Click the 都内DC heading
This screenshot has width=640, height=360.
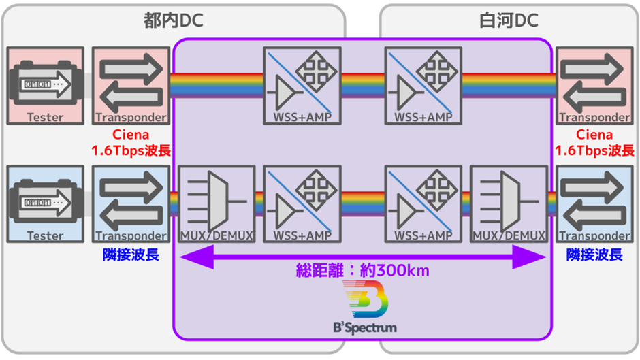click(174, 21)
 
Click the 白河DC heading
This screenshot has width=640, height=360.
click(509, 21)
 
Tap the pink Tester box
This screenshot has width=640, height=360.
click(46, 86)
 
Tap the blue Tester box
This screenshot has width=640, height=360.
click(46, 204)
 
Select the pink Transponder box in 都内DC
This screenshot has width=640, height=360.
click(131, 86)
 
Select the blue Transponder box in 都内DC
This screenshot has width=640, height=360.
click(131, 204)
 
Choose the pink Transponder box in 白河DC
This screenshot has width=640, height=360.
click(594, 86)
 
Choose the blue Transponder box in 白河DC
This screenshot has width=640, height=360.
click(594, 204)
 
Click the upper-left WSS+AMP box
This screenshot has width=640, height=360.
click(302, 86)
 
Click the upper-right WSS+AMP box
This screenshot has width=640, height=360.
click(423, 86)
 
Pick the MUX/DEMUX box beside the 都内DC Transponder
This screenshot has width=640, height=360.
click(216, 204)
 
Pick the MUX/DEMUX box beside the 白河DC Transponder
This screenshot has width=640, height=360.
click(508, 204)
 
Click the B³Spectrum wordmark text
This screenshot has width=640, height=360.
click(365, 327)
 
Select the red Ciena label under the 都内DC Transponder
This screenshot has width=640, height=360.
click(131, 135)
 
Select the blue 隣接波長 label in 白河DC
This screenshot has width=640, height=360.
click(594, 255)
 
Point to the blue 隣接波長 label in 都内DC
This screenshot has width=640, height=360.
click(131, 255)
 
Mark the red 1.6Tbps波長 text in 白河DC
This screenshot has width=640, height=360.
click(594, 150)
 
